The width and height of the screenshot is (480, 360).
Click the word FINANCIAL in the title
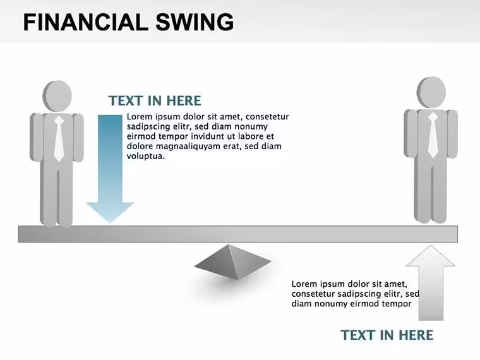tap(83, 22)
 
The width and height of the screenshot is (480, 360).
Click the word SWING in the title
tap(195, 22)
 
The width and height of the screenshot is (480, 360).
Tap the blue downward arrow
tap(110, 169)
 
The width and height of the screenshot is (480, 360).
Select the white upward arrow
tap(431, 283)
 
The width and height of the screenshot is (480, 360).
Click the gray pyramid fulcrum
tap(232, 262)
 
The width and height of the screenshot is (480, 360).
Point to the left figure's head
tap(57, 96)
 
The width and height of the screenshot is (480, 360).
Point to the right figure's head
tap(431, 92)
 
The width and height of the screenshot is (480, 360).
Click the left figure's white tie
tap(59, 139)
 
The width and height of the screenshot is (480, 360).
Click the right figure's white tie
tap(433, 135)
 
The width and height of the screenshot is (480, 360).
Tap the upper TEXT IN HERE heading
tap(155, 100)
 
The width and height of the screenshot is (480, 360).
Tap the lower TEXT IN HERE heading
tap(387, 335)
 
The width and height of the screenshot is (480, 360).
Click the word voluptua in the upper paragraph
tap(146, 156)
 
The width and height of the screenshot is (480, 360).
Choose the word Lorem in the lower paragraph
tap(304, 284)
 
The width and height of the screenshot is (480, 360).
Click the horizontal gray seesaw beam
tap(238, 234)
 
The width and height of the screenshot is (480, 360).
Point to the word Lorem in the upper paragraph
tap(140, 117)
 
